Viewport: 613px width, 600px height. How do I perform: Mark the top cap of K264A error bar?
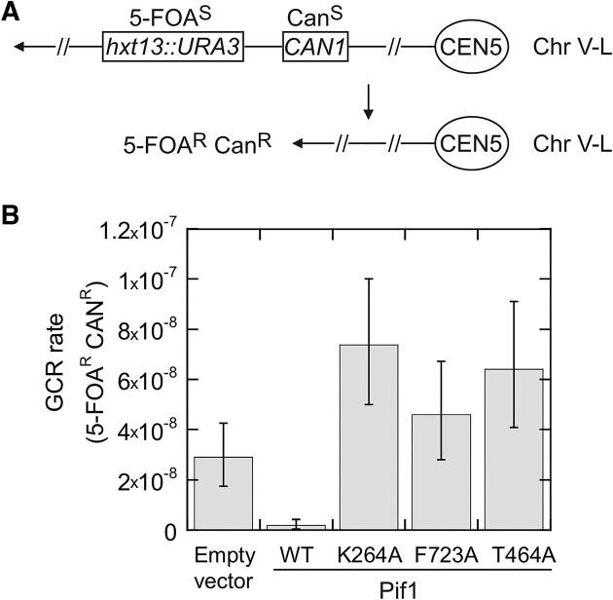coord(367,279)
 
